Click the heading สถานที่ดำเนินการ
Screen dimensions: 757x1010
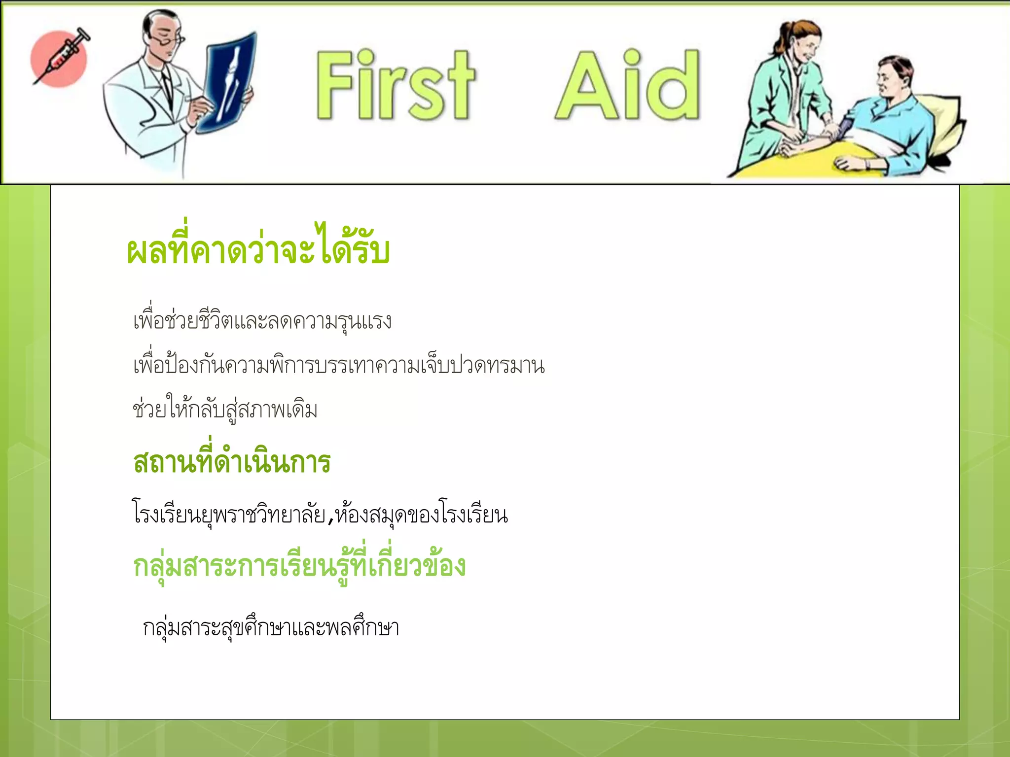[x=232, y=462]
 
